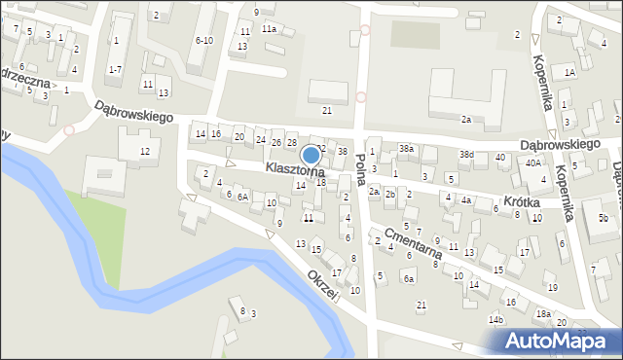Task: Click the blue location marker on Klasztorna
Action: coord(311,155)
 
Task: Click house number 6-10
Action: coord(203,40)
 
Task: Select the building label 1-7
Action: coord(115,69)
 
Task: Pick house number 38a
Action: coord(406,148)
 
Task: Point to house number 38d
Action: coord(467,155)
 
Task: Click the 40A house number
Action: coord(532,163)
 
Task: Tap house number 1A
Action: coord(570,72)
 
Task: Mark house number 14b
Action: coord(495,319)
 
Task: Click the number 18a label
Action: coord(542,313)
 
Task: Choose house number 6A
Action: coord(242,197)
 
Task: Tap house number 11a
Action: coord(268,29)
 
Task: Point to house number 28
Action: coord(290,143)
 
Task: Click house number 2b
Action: coord(389,195)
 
